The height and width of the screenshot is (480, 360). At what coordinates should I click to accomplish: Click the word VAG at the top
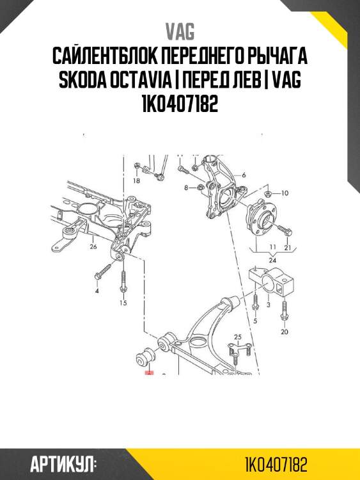[180, 32]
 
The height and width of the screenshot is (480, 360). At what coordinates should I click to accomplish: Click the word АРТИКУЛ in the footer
[63, 464]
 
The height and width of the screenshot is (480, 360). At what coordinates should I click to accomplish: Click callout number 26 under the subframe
[93, 246]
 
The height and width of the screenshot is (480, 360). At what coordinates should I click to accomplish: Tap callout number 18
[136, 181]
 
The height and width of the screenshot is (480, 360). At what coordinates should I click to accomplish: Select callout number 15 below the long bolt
[123, 303]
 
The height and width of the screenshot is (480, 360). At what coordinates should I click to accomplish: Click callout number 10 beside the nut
[285, 192]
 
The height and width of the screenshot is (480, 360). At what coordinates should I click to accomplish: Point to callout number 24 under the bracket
[272, 260]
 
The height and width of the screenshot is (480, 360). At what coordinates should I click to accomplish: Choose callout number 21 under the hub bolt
[288, 247]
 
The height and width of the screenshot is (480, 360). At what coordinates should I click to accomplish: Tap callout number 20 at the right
[285, 332]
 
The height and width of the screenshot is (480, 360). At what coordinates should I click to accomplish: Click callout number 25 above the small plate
[239, 337]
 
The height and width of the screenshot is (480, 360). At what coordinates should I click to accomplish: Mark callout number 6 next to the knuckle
[244, 174]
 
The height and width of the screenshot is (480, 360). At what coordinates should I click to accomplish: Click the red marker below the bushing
[150, 372]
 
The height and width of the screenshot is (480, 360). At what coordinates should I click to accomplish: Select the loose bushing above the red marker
[145, 356]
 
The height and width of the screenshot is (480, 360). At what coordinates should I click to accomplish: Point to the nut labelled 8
[198, 188]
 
